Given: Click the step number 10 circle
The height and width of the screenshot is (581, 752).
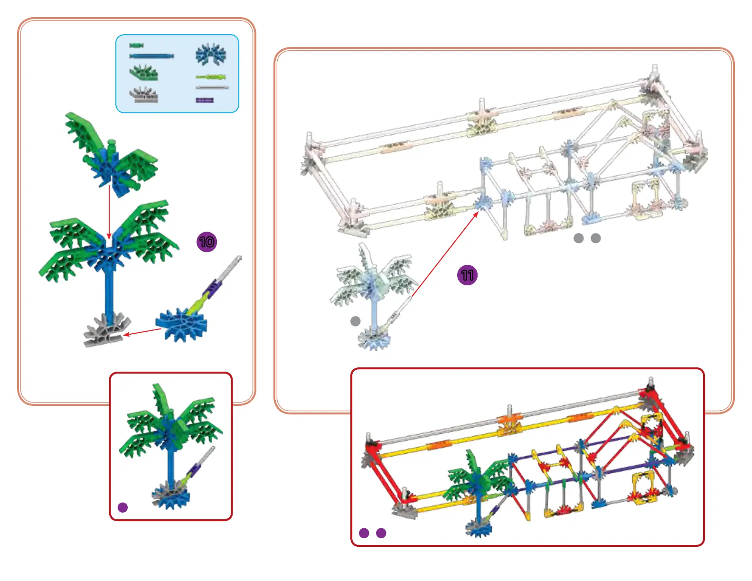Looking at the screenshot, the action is coord(207,242).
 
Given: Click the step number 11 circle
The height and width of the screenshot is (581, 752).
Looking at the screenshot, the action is coord(467,275).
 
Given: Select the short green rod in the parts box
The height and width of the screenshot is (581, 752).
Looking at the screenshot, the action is coord(136,46).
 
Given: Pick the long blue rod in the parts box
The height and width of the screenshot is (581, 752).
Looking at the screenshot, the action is coord(151,56).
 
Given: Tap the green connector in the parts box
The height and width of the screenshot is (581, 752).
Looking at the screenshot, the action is coord(143,73).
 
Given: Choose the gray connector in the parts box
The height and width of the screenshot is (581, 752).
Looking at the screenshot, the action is coord(143,95).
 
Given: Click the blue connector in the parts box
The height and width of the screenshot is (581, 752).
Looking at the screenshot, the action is coord(210,55).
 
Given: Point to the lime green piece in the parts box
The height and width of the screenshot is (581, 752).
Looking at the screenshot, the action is coord(210,77).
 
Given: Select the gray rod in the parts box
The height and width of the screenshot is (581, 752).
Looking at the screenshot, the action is coord(212,88).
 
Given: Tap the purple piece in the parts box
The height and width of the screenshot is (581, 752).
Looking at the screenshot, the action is coord(205,100).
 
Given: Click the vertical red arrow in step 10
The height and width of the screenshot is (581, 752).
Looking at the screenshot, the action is coord(109,211).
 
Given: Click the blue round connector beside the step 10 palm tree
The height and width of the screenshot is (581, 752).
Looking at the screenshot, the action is coord(180,324).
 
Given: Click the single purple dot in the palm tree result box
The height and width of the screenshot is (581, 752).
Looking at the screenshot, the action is coord(122,507).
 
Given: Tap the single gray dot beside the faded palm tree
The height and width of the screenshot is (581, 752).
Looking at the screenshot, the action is coord(355,321).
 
